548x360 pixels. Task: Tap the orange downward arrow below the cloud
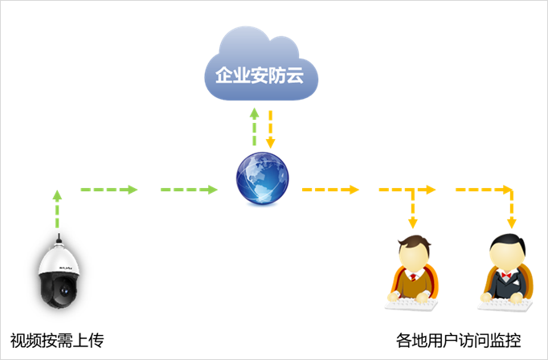[271, 129]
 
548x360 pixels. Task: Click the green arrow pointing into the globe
[190, 190]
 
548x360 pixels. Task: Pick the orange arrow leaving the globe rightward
[330, 190]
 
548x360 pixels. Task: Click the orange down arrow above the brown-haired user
[413, 208]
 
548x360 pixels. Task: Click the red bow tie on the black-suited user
[506, 276]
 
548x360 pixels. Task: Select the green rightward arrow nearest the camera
[109, 190]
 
